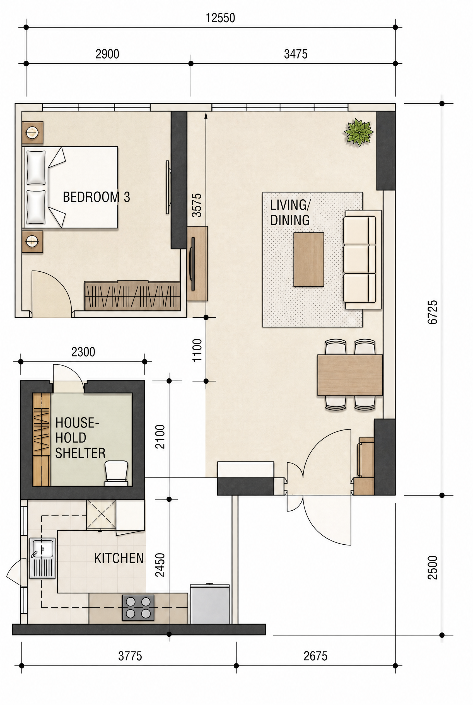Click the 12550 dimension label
[220, 18]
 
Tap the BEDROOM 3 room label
[96, 197]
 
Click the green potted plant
[359, 132]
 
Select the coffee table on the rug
[309, 259]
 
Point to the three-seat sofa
[362, 259]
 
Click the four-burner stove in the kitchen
[138, 608]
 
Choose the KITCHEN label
[119, 558]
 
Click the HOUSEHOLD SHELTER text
[80, 438]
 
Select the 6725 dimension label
[433, 312]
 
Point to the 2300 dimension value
[83, 352]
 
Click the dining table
[350, 375]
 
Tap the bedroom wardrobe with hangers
[132, 296]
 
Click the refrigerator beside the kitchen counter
[210, 604]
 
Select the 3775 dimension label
[130, 656]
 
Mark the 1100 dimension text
[197, 350]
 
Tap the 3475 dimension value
[296, 54]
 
